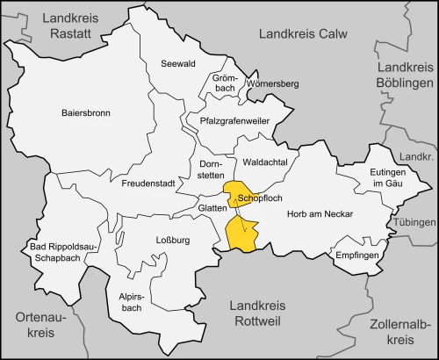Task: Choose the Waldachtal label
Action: [266, 162]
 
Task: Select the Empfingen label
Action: [356, 255]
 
